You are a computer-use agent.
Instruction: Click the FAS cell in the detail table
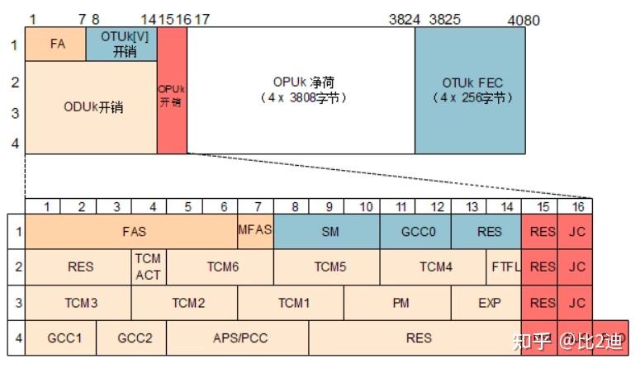[132, 232]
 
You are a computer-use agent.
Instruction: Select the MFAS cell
[255, 230]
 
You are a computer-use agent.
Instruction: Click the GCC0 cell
[418, 232]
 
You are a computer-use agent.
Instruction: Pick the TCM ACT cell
[148, 267]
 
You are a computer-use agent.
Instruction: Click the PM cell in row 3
[401, 303]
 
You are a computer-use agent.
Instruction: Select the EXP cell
[489, 303]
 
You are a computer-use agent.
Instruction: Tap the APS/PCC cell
[239, 338]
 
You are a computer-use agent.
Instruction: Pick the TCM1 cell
[293, 303]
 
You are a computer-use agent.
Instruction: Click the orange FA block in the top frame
[56, 45]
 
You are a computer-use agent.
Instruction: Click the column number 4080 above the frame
[523, 20]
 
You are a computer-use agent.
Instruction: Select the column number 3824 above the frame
[405, 20]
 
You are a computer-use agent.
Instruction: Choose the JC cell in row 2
[576, 267]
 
